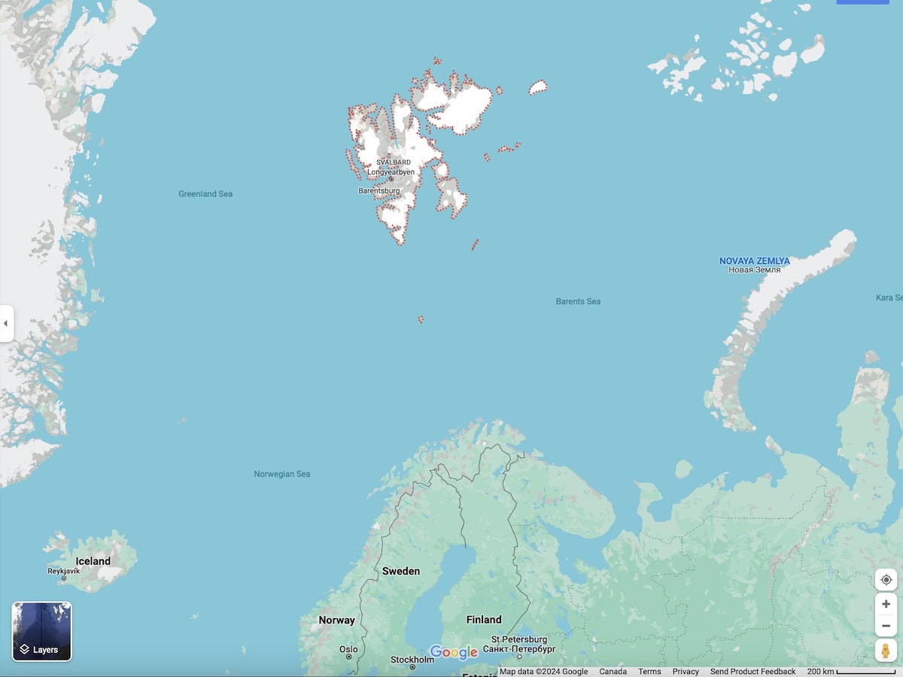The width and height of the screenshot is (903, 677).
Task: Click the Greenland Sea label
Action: click(205, 194)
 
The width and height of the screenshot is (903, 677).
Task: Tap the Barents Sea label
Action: click(578, 302)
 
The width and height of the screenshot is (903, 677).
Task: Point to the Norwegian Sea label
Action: click(282, 474)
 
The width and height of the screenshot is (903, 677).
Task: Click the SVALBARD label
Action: click(394, 162)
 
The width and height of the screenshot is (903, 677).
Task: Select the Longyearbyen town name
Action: click(391, 172)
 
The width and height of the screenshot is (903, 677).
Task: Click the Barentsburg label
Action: click(379, 191)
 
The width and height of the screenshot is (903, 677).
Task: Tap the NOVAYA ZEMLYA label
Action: click(754, 261)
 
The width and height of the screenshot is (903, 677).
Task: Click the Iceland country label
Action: click(93, 561)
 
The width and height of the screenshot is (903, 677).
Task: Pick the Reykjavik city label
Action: click(63, 572)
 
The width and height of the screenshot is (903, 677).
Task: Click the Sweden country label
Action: click(401, 571)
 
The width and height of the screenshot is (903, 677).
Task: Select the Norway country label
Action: click(336, 621)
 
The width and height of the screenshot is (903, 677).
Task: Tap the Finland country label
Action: click(484, 620)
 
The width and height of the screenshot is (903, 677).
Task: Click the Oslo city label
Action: click(348, 649)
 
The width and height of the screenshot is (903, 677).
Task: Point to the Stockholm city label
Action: click(412, 660)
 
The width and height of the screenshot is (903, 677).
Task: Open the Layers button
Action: click(42, 632)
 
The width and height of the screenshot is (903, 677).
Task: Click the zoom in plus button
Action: click(886, 604)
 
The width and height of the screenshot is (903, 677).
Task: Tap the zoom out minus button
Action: click(886, 626)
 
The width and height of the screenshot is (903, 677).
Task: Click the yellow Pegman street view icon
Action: click(886, 651)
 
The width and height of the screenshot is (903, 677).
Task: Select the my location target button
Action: click(886, 580)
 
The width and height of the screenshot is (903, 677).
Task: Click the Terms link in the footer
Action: click(649, 672)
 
